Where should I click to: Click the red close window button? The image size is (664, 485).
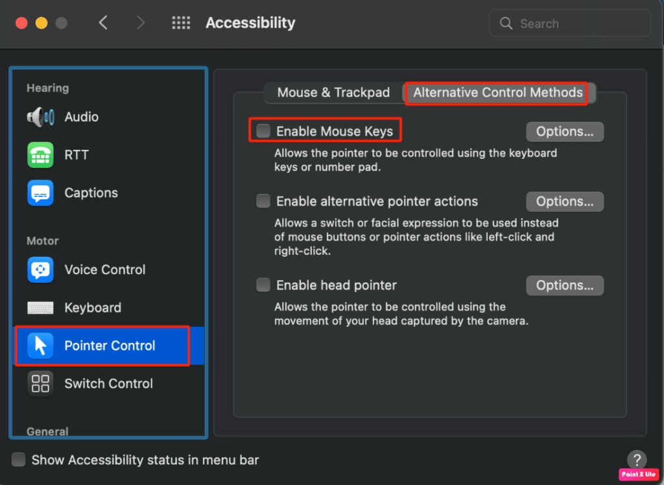coord(21,23)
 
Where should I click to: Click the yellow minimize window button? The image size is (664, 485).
coord(41,23)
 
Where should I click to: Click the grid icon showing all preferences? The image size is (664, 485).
coord(181,23)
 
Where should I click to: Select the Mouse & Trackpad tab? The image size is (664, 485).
coord(333,93)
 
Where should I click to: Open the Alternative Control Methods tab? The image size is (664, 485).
coord(497,93)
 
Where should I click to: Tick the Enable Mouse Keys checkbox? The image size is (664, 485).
coord(263,131)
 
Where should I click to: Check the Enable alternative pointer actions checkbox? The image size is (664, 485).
coord(263,201)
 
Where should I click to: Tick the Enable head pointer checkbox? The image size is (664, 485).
coord(263,285)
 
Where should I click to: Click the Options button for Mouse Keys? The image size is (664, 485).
coord(564,132)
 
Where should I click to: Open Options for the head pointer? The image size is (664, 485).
coord(564,285)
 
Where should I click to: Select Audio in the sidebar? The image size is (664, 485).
coord(81,117)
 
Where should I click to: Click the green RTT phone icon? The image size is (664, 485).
coord(40,155)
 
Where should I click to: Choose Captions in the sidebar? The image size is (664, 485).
coord(91,193)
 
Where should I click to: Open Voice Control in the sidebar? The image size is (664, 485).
coord(104,270)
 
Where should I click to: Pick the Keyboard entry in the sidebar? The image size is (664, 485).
coord(93,308)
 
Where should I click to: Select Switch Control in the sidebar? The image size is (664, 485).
coord(108,384)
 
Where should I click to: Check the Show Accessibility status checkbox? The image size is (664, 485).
coord(19,460)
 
